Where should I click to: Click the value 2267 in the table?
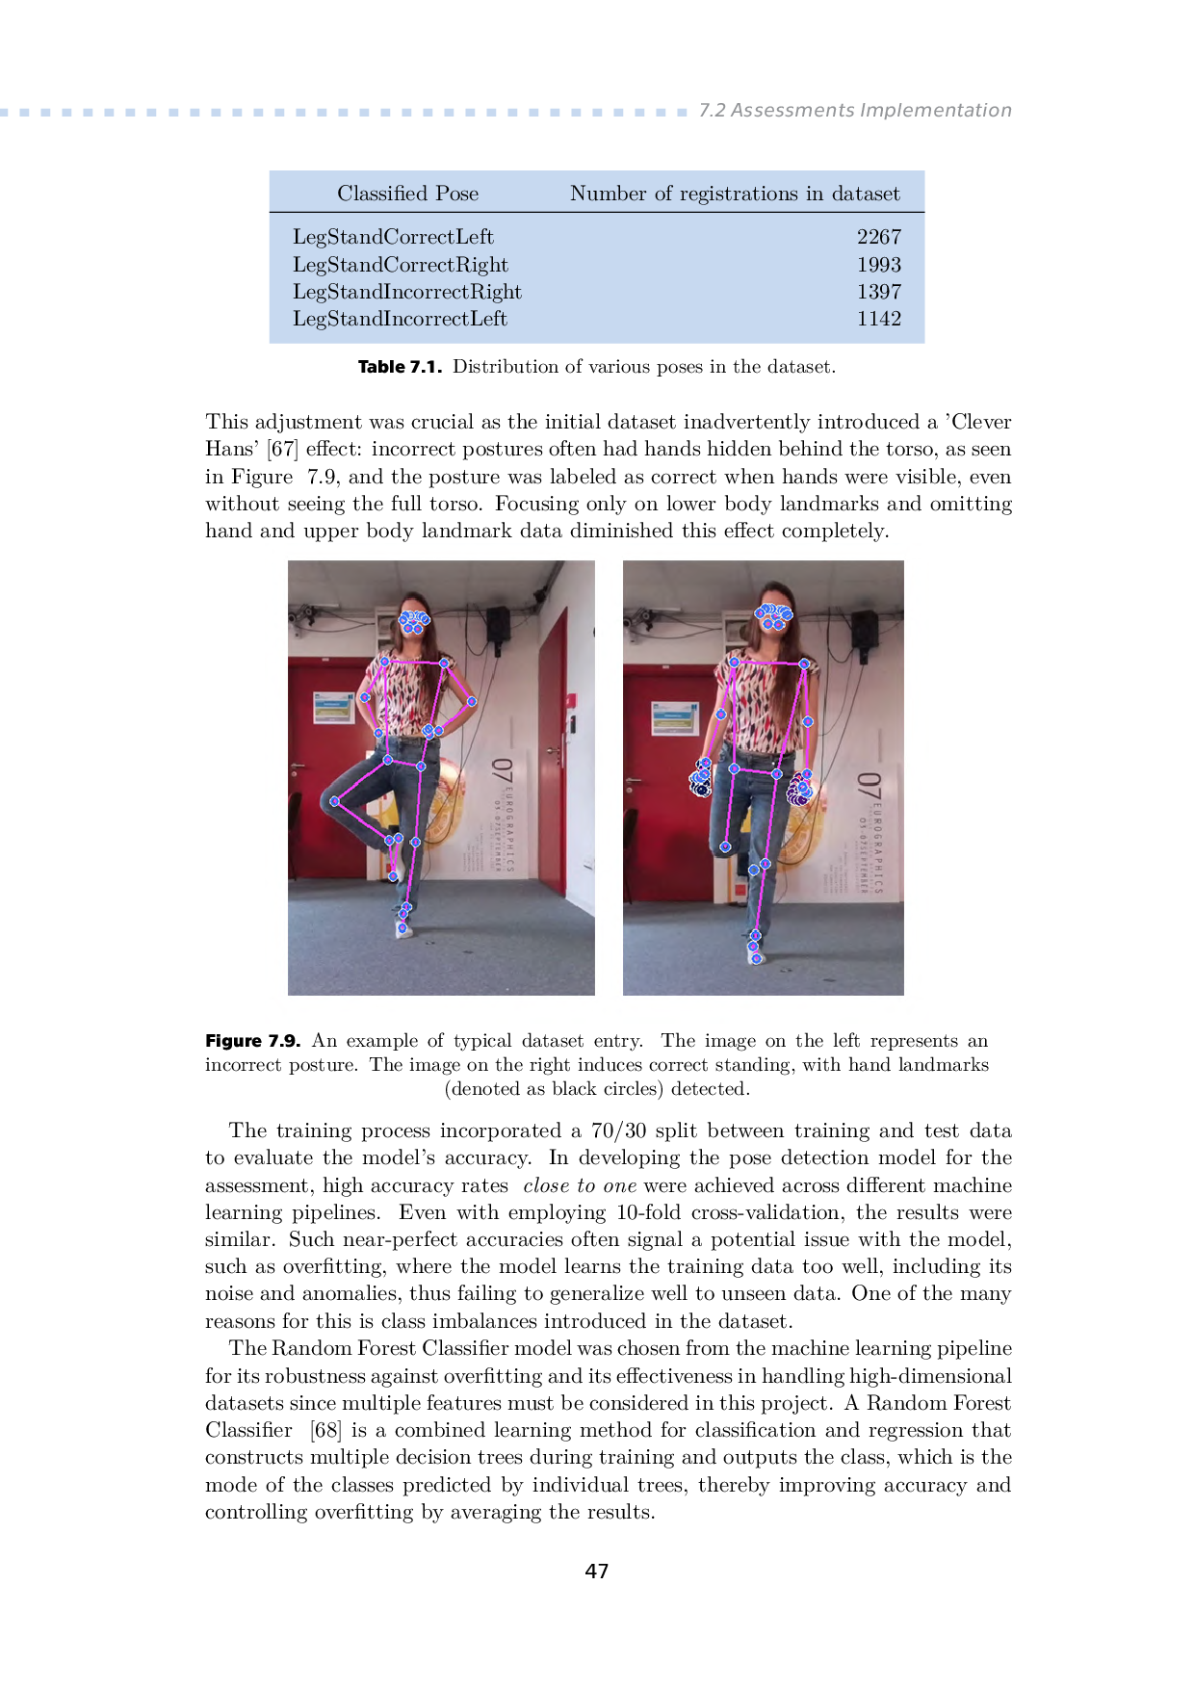click(878, 237)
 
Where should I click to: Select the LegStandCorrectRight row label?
click(401, 265)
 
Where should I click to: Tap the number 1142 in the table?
click(878, 319)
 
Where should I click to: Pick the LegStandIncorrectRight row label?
click(407, 292)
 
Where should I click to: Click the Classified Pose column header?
click(407, 194)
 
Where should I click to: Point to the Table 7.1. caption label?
click(400, 367)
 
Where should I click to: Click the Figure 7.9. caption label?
click(252, 1041)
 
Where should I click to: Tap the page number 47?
click(597, 1572)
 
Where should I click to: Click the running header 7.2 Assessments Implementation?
click(855, 111)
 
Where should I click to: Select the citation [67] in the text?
click(283, 450)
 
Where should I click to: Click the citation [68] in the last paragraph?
click(325, 1431)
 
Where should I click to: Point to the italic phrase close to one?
click(580, 1185)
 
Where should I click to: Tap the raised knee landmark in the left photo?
click(335, 801)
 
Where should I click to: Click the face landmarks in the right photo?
click(773, 615)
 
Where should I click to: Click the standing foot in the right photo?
click(756, 951)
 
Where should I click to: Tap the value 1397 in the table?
click(878, 292)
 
